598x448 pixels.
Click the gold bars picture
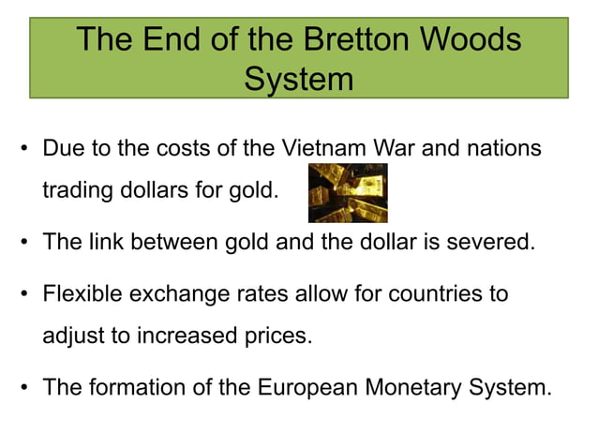click(x=348, y=192)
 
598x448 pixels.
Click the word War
click(x=398, y=149)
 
